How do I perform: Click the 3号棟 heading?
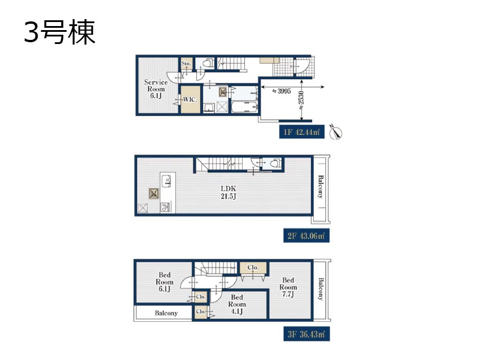coord(60,32)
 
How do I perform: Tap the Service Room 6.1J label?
coord(156,89)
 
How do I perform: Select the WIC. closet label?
coord(190,100)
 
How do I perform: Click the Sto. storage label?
coord(186,63)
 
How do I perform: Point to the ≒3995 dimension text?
coord(281,91)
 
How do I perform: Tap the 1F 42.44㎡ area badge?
coord(302,132)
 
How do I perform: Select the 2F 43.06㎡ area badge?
coord(306,236)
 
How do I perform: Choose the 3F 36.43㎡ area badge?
coord(306,334)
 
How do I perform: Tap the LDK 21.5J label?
coord(228,192)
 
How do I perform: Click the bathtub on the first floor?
coord(244,107)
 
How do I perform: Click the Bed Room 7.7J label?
coord(288,287)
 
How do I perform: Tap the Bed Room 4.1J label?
coord(237,304)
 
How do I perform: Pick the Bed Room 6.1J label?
coord(164,282)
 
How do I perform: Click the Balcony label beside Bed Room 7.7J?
coord(321,289)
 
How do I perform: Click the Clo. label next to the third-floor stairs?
coord(253,267)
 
